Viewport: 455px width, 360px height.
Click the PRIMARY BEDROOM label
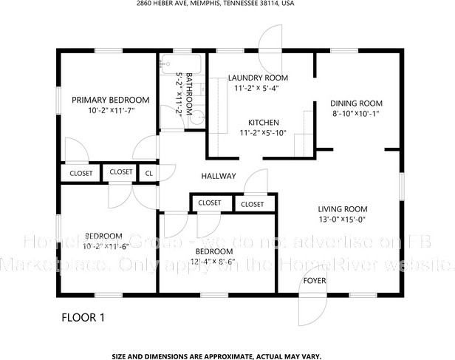pos(110,100)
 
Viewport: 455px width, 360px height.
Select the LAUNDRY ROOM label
pos(257,78)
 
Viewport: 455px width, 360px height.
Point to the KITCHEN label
pos(262,122)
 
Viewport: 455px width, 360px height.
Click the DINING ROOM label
pos(356,103)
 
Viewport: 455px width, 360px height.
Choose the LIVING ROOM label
pos(342,208)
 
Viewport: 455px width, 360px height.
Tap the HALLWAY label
pos(219,176)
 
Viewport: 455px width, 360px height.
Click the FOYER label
pos(315,281)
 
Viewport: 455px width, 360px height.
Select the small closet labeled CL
pos(149,173)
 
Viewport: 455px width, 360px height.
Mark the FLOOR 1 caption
pos(83,319)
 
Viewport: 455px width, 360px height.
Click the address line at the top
pos(227,4)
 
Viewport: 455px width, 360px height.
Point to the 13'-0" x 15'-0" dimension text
pos(342,219)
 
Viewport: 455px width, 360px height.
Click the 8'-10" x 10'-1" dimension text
pos(356,113)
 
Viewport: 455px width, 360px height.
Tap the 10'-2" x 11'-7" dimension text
pos(110,110)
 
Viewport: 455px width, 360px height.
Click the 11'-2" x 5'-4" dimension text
pos(257,88)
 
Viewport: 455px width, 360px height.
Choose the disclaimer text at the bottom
pos(227,356)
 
